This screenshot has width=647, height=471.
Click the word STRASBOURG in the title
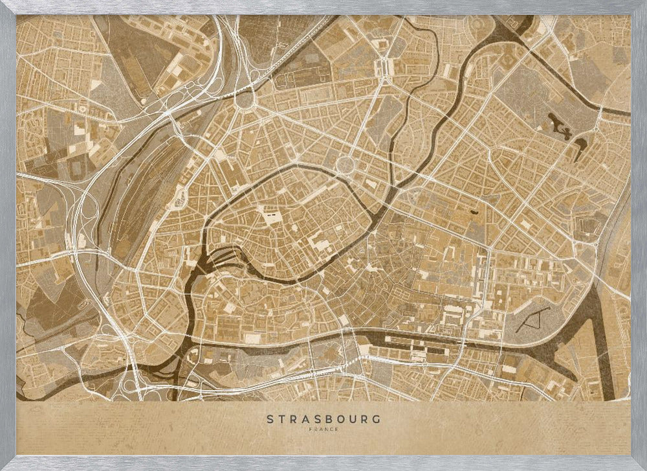click(323, 419)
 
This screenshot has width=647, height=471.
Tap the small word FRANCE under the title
click(323, 429)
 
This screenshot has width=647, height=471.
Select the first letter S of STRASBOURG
click(270, 419)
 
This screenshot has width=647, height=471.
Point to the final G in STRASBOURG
click(377, 419)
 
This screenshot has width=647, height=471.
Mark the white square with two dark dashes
click(267, 211)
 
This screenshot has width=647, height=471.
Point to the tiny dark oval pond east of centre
click(476, 210)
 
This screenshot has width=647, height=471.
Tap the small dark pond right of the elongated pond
click(578, 141)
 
